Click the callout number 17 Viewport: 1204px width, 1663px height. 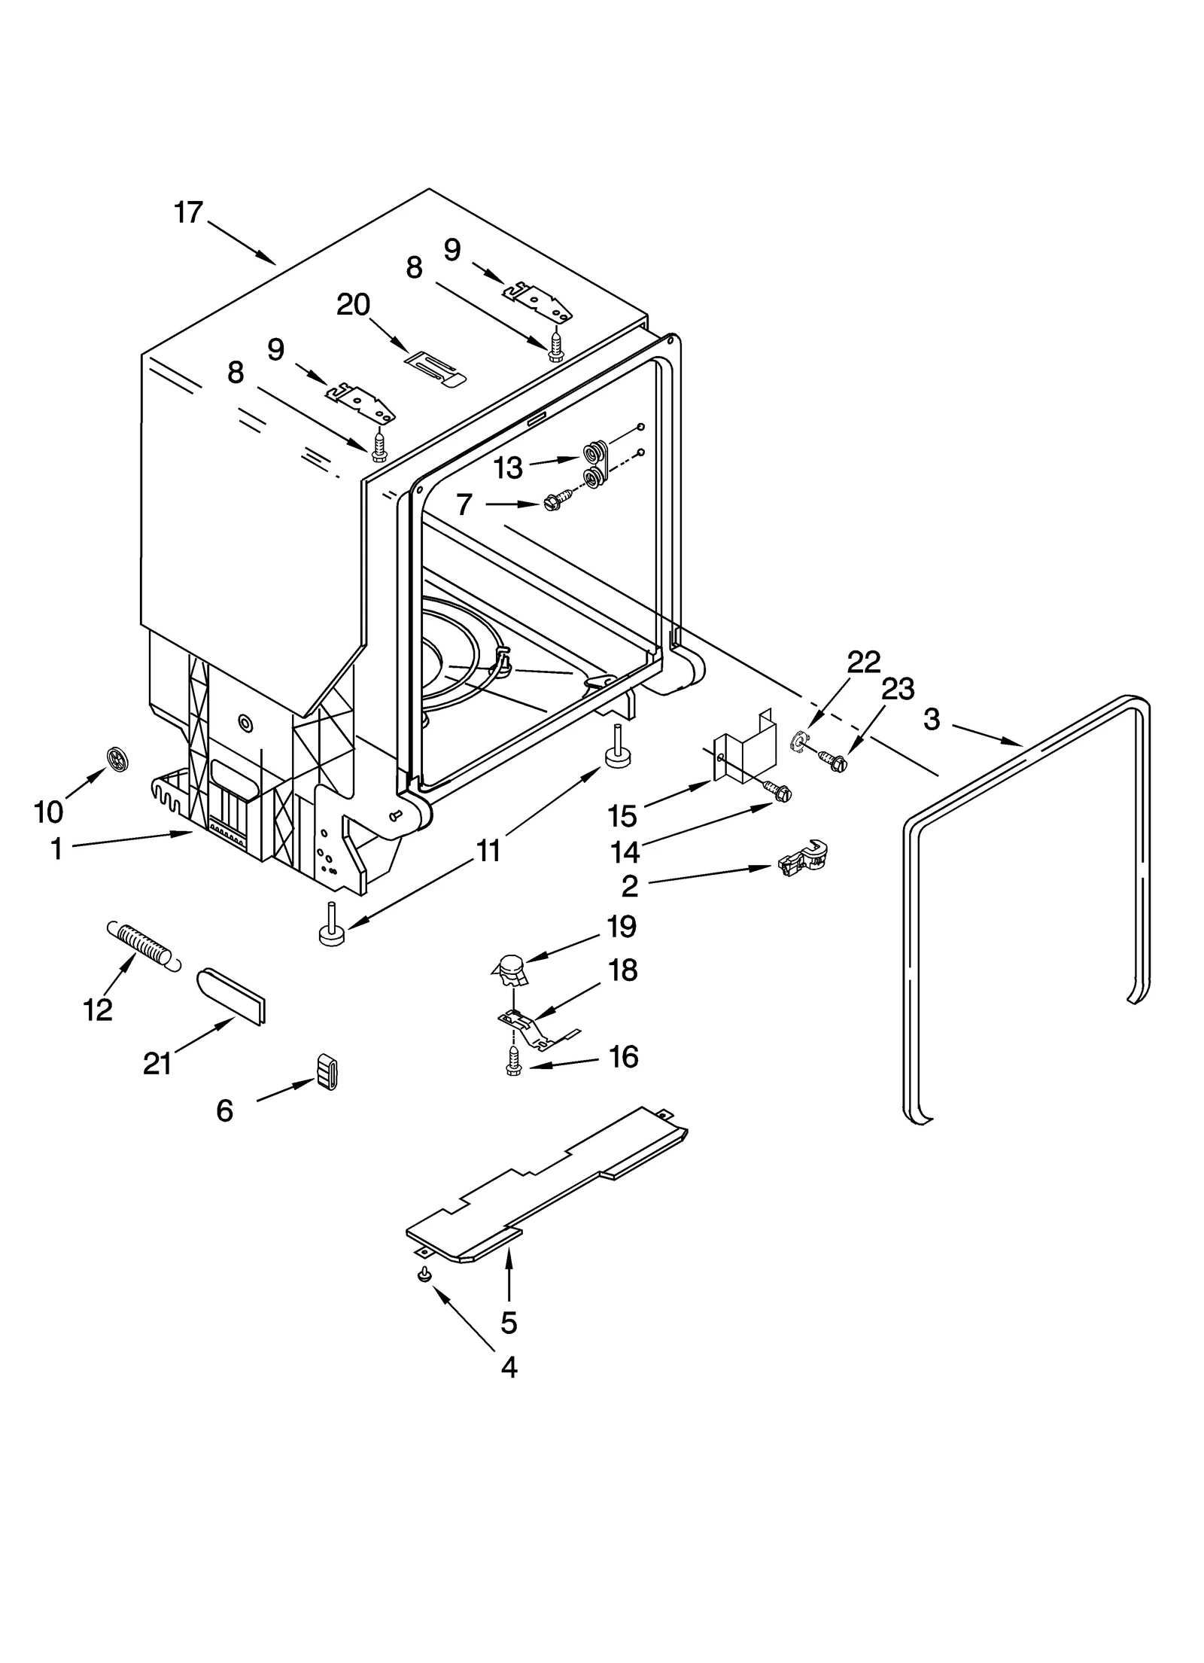189,213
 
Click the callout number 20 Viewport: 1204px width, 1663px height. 353,305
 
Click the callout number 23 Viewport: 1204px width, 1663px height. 898,689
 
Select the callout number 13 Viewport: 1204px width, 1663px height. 508,468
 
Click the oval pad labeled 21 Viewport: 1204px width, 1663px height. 232,995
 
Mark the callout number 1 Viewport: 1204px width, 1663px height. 56,848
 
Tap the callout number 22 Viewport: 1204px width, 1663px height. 863,662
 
